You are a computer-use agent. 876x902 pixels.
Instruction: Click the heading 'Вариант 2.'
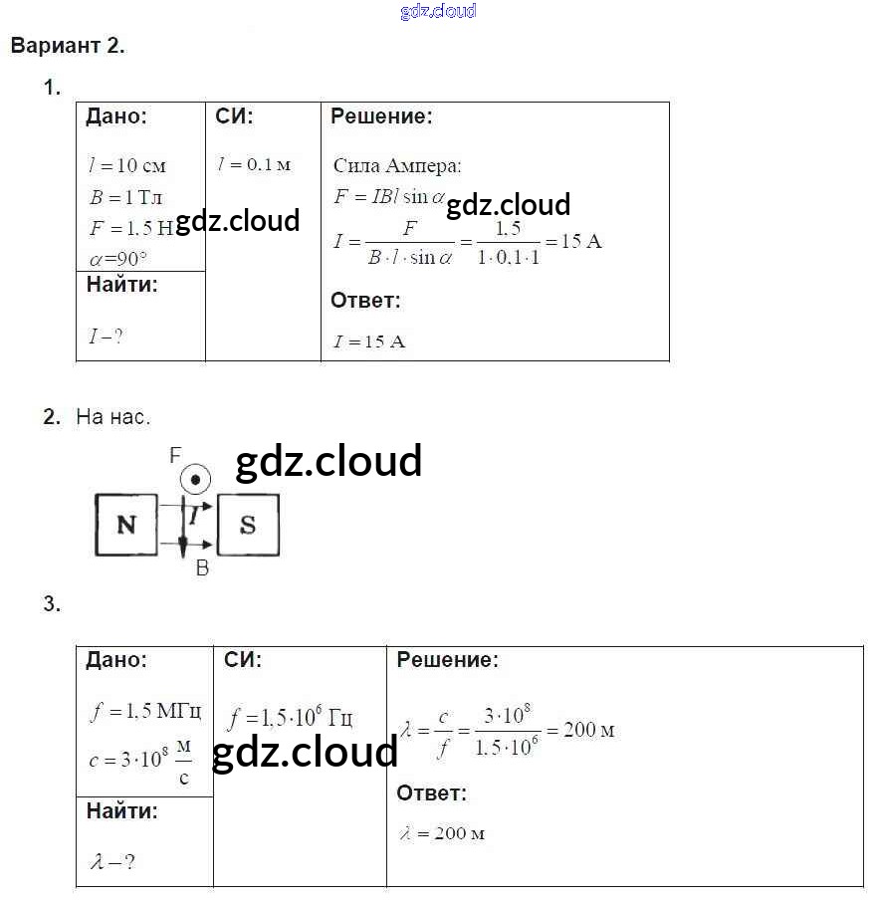[68, 46]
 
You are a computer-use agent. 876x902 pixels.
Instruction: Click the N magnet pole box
[126, 525]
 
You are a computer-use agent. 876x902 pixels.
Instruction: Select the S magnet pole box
[248, 525]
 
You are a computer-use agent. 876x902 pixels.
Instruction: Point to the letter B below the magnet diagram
[202, 568]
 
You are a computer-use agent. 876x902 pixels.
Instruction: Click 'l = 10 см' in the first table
[126, 166]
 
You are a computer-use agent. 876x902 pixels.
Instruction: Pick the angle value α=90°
[117, 259]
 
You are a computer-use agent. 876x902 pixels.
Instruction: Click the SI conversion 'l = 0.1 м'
[254, 164]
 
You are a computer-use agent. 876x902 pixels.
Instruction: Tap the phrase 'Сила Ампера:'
[397, 166]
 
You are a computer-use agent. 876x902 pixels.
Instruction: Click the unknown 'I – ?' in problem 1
[106, 337]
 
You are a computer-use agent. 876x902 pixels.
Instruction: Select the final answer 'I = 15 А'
[369, 341]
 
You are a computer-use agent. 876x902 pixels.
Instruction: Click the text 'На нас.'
[113, 417]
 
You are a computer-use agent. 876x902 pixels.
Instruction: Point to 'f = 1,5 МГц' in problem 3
[145, 711]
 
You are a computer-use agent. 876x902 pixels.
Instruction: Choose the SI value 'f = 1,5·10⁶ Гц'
[290, 718]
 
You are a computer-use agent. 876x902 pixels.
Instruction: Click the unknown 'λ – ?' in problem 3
[112, 861]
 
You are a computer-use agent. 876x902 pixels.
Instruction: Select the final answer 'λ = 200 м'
[442, 833]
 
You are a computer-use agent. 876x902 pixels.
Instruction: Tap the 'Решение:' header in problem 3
[448, 660]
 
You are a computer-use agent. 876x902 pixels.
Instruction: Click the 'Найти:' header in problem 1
[122, 285]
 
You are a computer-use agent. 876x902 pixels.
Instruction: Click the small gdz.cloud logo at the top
[438, 11]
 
